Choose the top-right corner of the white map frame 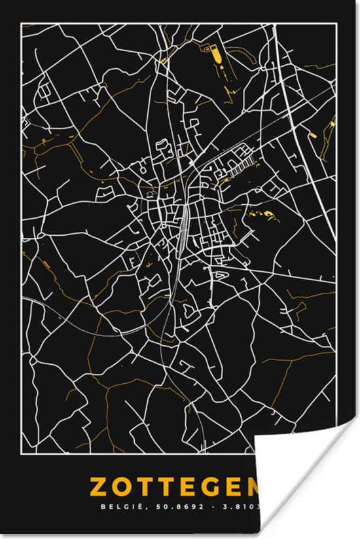click(336, 24)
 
